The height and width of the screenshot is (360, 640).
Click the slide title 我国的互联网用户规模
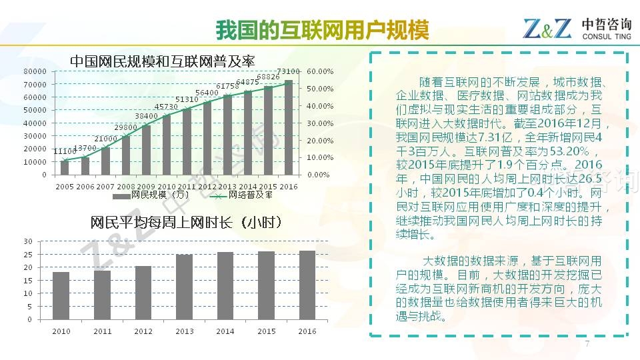[x=322, y=31]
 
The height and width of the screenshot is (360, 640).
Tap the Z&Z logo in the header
[x=547, y=29]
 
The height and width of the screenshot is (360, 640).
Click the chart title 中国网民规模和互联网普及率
[x=163, y=61]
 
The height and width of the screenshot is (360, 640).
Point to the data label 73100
[x=288, y=71]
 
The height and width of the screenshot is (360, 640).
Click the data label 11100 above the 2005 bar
[x=65, y=151]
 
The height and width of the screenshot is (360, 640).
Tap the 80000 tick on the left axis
[x=35, y=71]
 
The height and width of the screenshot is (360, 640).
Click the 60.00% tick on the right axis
[x=320, y=71]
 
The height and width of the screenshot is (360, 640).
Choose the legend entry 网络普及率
[x=251, y=195]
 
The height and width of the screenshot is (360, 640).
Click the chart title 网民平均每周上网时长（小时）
[x=185, y=223]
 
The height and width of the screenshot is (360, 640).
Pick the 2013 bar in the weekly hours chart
[x=184, y=287]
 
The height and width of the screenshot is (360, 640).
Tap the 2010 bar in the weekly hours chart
[x=61, y=295]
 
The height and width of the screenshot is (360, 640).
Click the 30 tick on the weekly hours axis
[x=27, y=241]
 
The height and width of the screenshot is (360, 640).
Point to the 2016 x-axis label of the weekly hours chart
[x=307, y=331]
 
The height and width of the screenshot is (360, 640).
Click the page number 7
[x=587, y=343]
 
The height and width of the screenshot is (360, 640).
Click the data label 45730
[x=166, y=107]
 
